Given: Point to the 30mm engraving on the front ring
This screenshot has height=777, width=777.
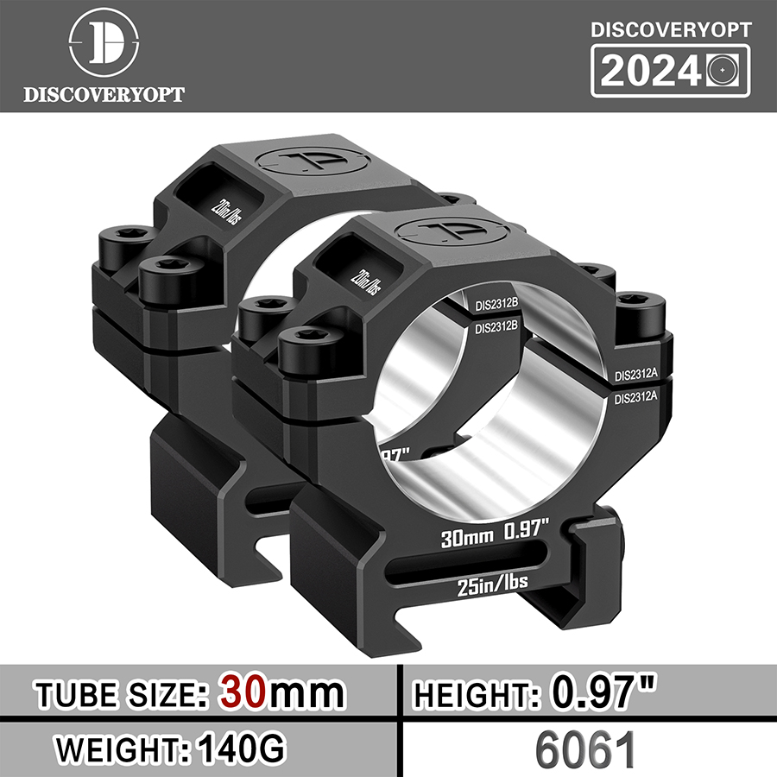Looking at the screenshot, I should [466, 539].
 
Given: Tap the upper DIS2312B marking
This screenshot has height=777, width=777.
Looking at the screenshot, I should [496, 304].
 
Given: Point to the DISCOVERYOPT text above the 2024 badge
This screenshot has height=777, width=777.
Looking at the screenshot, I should [670, 28].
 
